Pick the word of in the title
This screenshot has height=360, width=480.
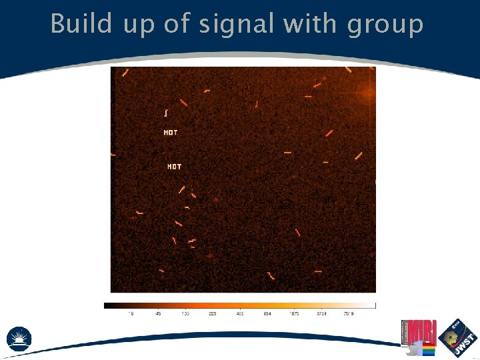point(177,24)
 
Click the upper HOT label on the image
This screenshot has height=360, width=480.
point(171,133)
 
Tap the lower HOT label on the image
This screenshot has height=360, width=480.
point(174,166)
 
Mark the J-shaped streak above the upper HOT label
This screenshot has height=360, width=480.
point(166,113)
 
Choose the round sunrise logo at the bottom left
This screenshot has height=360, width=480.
point(19,338)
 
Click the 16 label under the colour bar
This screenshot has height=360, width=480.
point(131,313)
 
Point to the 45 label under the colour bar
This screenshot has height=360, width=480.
point(158,313)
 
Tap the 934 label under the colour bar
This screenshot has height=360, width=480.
point(267,313)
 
